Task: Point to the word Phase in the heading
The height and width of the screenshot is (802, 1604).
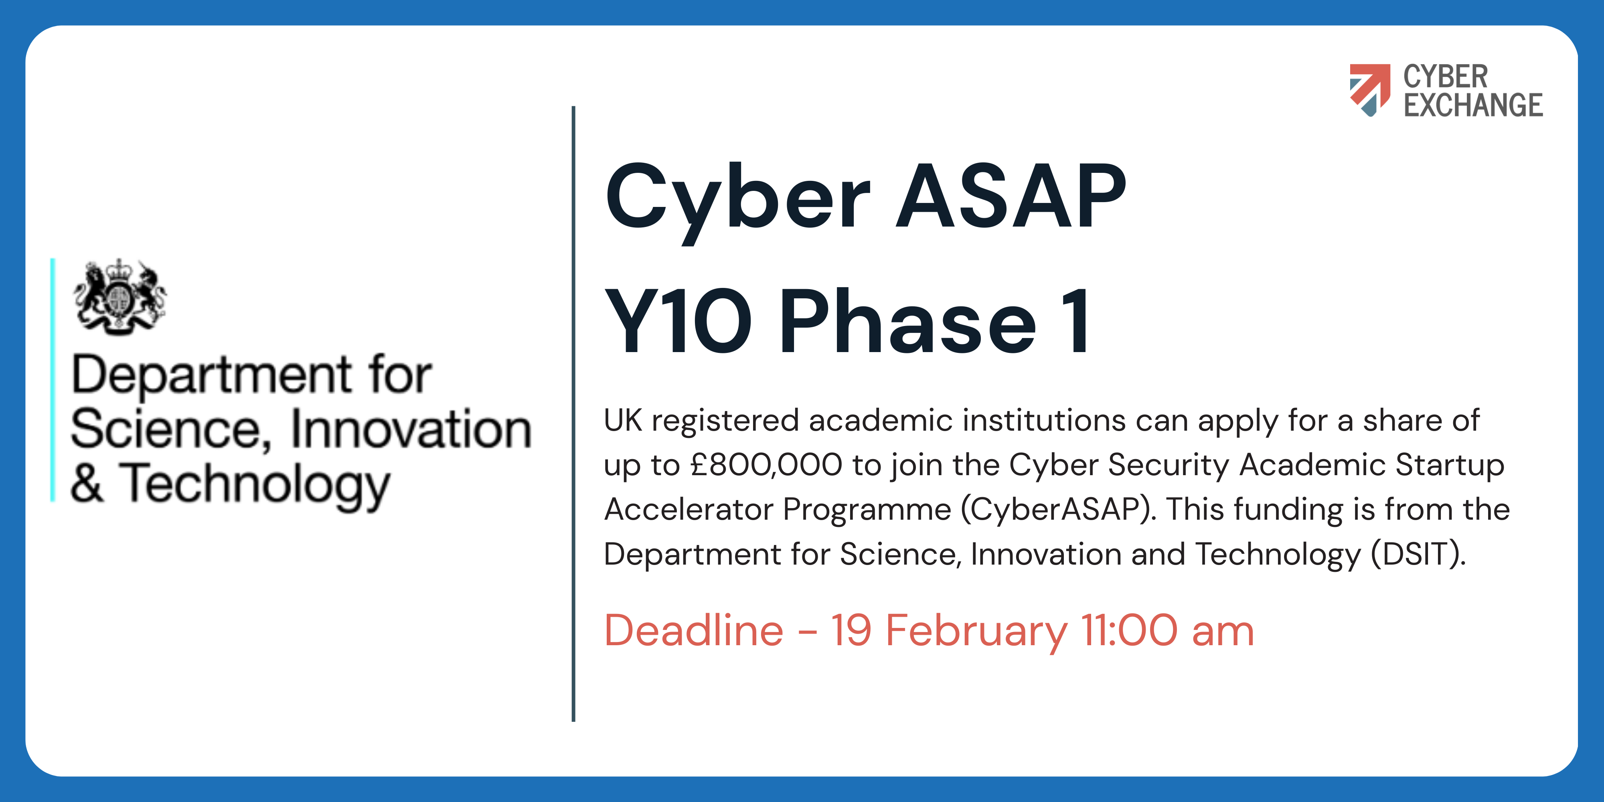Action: (x=908, y=321)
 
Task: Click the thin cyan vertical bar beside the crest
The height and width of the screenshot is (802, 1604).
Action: (x=53, y=380)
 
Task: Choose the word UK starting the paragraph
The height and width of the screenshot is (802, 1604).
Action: (x=623, y=420)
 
